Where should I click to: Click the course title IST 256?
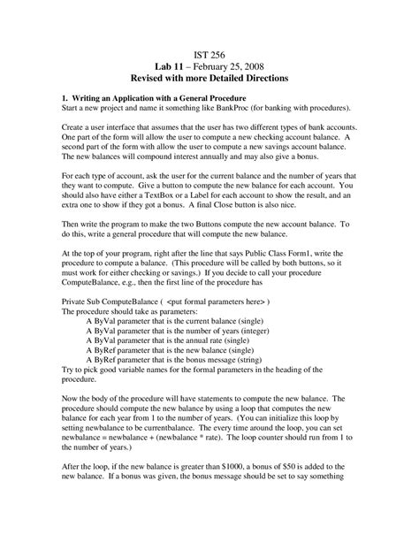209,53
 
